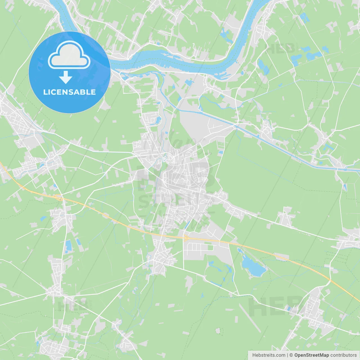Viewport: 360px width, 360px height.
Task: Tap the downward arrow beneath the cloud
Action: [66, 77]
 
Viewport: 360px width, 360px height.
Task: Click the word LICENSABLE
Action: [69, 92]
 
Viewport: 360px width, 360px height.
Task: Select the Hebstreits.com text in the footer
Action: [269, 355]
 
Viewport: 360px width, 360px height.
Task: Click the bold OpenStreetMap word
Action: [312, 355]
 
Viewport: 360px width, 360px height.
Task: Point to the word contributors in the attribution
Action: [343, 355]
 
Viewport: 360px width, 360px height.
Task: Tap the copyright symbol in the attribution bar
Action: [291, 355]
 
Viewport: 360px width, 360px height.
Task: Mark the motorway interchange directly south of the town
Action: [186, 238]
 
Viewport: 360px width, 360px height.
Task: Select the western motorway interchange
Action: [59, 197]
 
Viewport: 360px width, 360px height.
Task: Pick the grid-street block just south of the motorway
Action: [197, 247]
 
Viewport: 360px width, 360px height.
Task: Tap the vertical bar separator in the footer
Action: [287, 355]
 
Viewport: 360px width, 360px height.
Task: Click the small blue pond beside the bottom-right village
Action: [289, 309]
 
